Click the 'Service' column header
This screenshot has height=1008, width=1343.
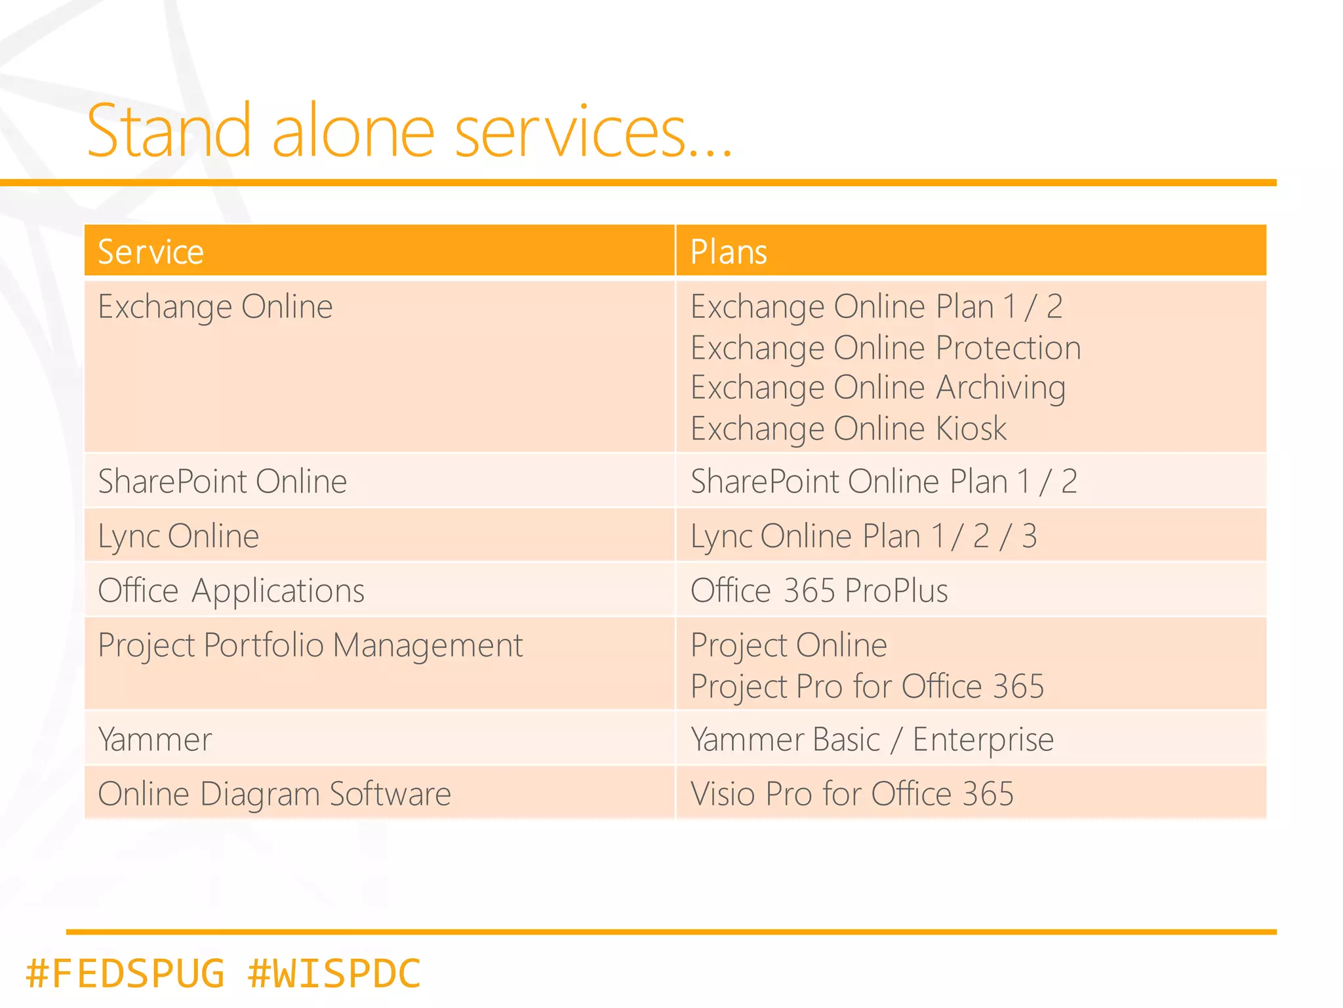[x=151, y=252]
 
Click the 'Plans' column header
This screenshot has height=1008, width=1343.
[x=729, y=252]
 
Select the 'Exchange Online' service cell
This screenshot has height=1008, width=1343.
[x=215, y=307]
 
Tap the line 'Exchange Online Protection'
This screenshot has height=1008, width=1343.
[x=885, y=348]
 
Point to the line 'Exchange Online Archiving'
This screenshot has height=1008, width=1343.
[x=877, y=388]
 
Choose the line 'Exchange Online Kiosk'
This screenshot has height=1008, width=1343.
[x=848, y=429]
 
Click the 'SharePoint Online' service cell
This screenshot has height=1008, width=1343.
[x=222, y=481]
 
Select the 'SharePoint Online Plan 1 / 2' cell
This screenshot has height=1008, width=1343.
[x=883, y=481]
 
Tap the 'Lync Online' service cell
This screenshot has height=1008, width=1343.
[x=178, y=536]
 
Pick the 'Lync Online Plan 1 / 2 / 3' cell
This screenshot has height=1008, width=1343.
[x=864, y=536]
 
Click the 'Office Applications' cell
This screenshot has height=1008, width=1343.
[x=231, y=590]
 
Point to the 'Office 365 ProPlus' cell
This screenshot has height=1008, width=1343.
[x=819, y=590]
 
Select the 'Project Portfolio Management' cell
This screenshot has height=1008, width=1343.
[x=310, y=645]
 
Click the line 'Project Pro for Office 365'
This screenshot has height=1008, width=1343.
[x=867, y=687]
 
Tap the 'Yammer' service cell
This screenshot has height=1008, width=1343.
[x=155, y=740]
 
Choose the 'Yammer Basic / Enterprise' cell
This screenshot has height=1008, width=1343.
[x=872, y=740]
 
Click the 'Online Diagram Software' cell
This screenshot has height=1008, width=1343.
[x=274, y=794]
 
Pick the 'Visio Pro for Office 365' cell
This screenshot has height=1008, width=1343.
[x=852, y=794]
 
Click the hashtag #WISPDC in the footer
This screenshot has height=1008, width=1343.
[x=334, y=973]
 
